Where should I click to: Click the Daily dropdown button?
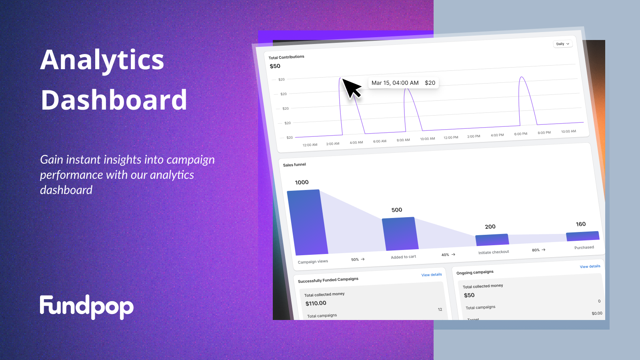[562, 44]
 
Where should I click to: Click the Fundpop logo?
[86, 307]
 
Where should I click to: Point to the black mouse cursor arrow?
[352, 88]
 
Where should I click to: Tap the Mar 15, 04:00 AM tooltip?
[403, 83]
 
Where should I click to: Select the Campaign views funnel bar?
[308, 222]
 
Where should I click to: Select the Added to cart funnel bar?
[400, 234]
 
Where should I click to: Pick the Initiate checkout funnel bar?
[492, 240]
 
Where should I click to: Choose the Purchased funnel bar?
[582, 236]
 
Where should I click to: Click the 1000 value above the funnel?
[302, 182]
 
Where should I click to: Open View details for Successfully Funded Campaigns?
[432, 275]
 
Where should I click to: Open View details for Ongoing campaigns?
[590, 266]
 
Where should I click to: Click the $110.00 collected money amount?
[316, 303]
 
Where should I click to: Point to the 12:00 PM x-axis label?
[451, 138]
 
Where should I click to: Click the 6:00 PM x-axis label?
[520, 134]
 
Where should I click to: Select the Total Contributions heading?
[286, 57]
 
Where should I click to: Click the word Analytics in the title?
[102, 60]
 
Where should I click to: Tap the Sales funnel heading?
[294, 165]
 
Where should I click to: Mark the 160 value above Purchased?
[580, 224]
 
